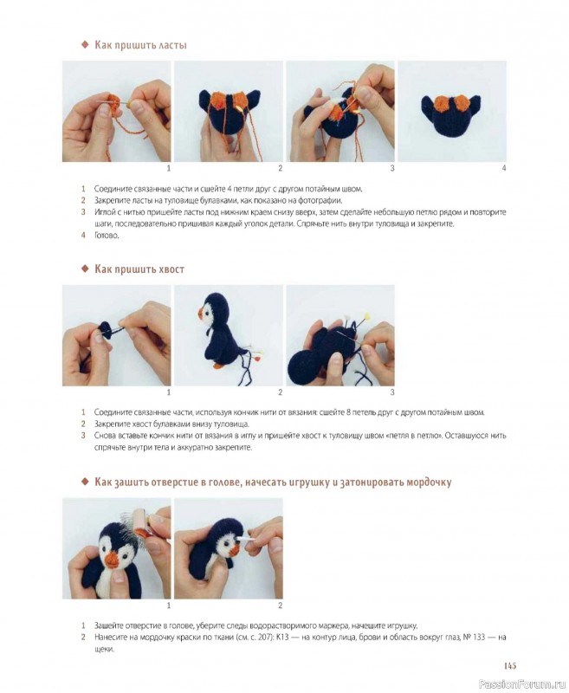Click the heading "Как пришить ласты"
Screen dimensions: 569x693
tap(140, 45)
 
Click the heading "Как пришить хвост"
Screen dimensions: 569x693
tap(139, 269)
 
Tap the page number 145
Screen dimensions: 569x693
tap(510, 665)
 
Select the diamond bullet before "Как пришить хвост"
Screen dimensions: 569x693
tap(85, 269)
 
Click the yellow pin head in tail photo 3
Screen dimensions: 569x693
tap(366, 317)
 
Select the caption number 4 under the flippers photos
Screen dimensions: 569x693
tap(504, 168)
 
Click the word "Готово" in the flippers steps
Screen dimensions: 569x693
tap(106, 236)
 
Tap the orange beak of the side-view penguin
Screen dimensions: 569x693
tap(201, 314)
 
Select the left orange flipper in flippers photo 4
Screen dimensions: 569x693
tap(441, 104)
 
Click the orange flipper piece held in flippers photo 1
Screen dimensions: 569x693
tap(113, 103)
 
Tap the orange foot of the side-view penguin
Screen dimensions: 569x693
tap(218, 366)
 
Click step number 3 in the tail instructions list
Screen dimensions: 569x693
tap(83, 436)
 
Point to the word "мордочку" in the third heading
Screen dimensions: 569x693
tap(429, 482)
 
